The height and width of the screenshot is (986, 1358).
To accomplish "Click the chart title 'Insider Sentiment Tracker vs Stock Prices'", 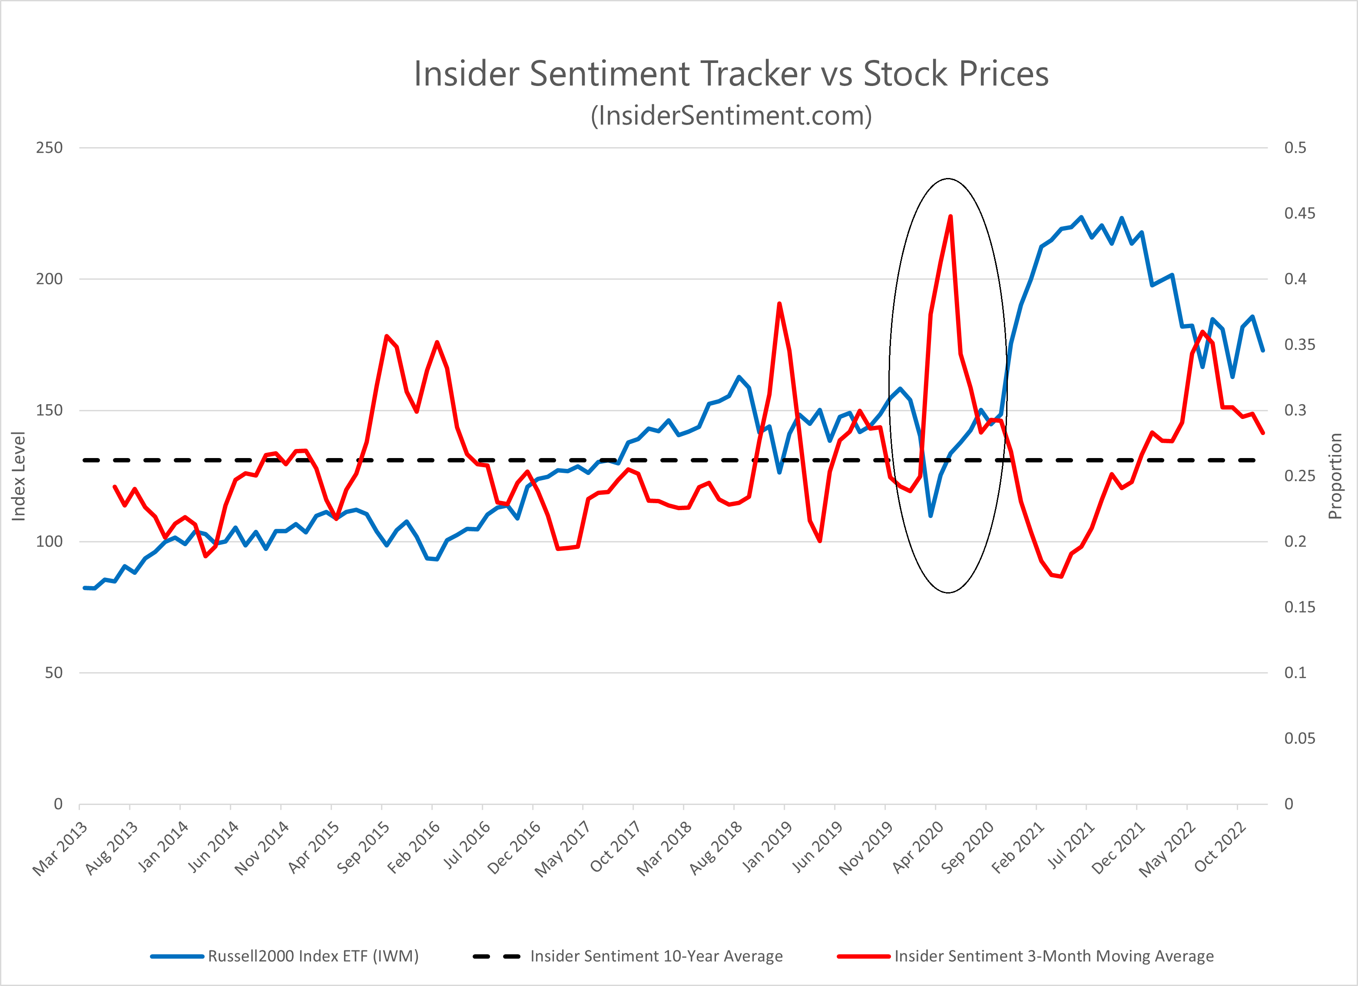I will coord(731,74).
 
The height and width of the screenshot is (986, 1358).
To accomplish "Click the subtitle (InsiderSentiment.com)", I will coord(731,115).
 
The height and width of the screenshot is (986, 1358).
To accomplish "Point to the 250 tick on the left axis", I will coord(49,148).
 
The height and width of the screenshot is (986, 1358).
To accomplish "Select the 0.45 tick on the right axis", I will coord(1299,214).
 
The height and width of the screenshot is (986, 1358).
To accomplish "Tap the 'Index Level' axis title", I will coord(19,476).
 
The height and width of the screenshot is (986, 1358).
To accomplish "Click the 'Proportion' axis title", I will coord(1335,476).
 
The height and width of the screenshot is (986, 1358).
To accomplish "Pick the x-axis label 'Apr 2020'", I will coord(918,848).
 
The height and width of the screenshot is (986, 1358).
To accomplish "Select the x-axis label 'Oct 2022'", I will coord(1220,848).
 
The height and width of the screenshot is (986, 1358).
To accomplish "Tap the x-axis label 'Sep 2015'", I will coord(363,848).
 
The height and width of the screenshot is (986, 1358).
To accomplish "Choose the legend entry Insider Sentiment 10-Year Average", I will coord(656,956).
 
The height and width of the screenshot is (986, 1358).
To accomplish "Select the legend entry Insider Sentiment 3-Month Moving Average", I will coord(1054,956).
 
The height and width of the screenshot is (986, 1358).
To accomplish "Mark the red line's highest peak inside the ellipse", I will coord(950,217).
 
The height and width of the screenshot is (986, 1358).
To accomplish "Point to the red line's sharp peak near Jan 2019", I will coord(779,303).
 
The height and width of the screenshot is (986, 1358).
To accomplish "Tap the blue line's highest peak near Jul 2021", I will coord(1081,217).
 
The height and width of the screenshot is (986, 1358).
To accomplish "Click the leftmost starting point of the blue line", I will coord(84,587).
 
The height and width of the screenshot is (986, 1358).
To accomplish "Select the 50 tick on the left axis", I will coord(53,673).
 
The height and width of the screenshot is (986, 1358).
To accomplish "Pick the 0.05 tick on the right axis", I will coord(1299,738).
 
